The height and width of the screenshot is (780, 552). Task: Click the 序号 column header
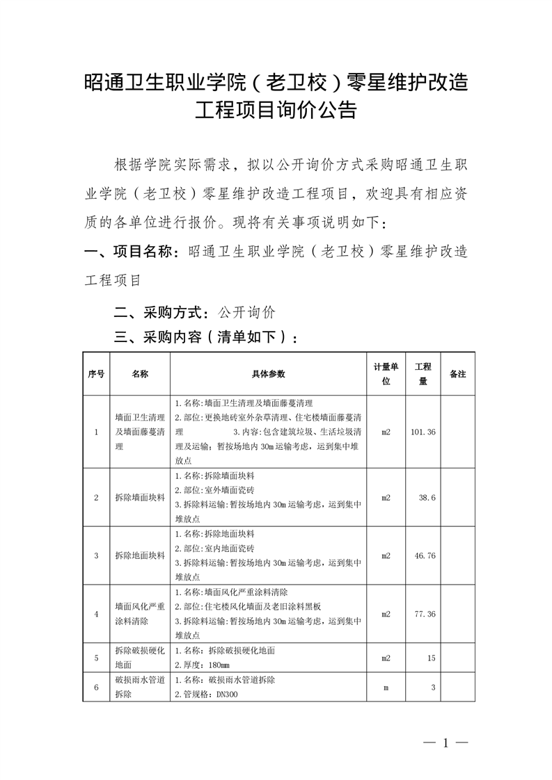pos(96,373)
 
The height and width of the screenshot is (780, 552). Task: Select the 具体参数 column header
pos(268,373)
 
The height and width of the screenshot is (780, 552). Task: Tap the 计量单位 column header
pos(386,373)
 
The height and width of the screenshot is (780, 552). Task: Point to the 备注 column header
pos(457,373)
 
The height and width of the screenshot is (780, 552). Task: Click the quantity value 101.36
pos(423,432)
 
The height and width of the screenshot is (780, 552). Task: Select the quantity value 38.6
pos(426,498)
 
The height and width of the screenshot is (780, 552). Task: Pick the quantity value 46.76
pos(424,555)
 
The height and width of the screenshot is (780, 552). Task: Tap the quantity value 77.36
pos(424,614)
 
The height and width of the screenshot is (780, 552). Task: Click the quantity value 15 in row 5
pos(431,658)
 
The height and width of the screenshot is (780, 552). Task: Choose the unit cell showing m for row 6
pos(386,687)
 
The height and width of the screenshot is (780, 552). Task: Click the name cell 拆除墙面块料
pos(140,498)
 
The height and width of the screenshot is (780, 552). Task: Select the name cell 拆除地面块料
pos(140,555)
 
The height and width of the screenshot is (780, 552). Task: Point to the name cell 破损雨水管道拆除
pos(140,687)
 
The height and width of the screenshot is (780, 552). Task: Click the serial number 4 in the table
pos(96,614)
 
